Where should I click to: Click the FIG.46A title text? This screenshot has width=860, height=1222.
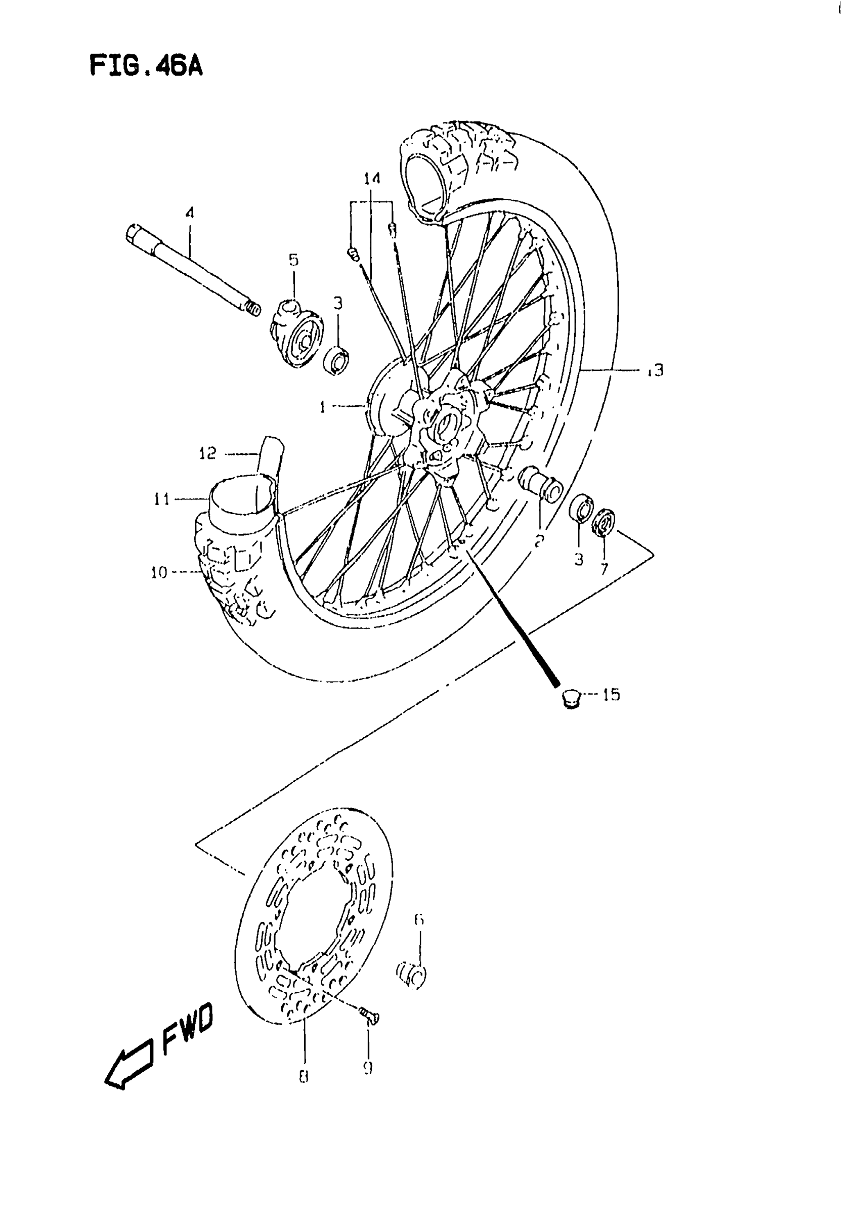(146, 66)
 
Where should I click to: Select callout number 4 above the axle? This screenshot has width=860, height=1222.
(190, 214)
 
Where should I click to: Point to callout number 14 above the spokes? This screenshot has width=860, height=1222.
(372, 179)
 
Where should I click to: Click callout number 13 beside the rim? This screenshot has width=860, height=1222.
(656, 370)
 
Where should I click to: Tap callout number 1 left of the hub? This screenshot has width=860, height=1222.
(322, 408)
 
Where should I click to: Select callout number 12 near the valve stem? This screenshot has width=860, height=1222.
(207, 453)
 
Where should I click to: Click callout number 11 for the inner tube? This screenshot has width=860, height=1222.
(162, 499)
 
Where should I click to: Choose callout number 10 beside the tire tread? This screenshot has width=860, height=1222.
(158, 573)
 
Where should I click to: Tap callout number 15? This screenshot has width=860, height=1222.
(612, 695)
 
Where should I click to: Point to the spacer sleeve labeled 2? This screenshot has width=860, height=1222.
(540, 482)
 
